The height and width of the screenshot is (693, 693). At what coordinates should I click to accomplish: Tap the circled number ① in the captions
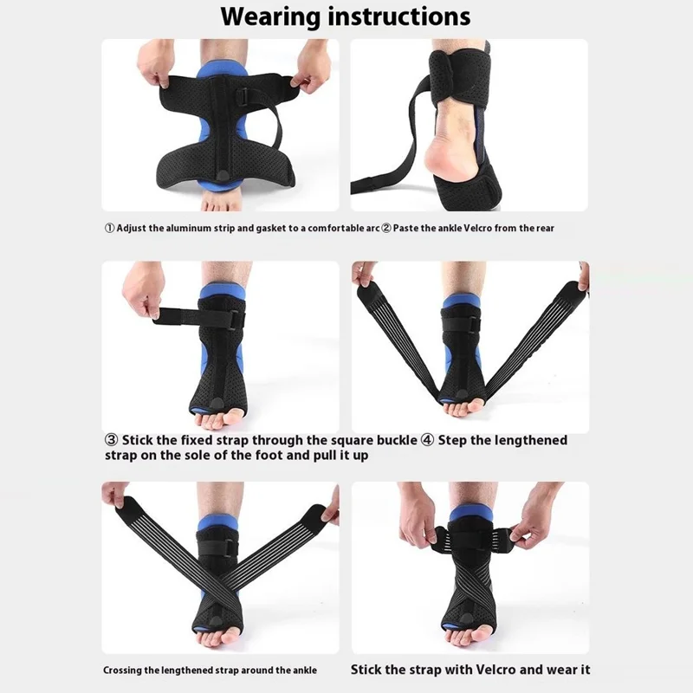pos(109,229)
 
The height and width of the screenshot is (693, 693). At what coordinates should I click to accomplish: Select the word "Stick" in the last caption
pos(368,670)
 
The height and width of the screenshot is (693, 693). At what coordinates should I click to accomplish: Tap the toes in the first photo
pos(221,202)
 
